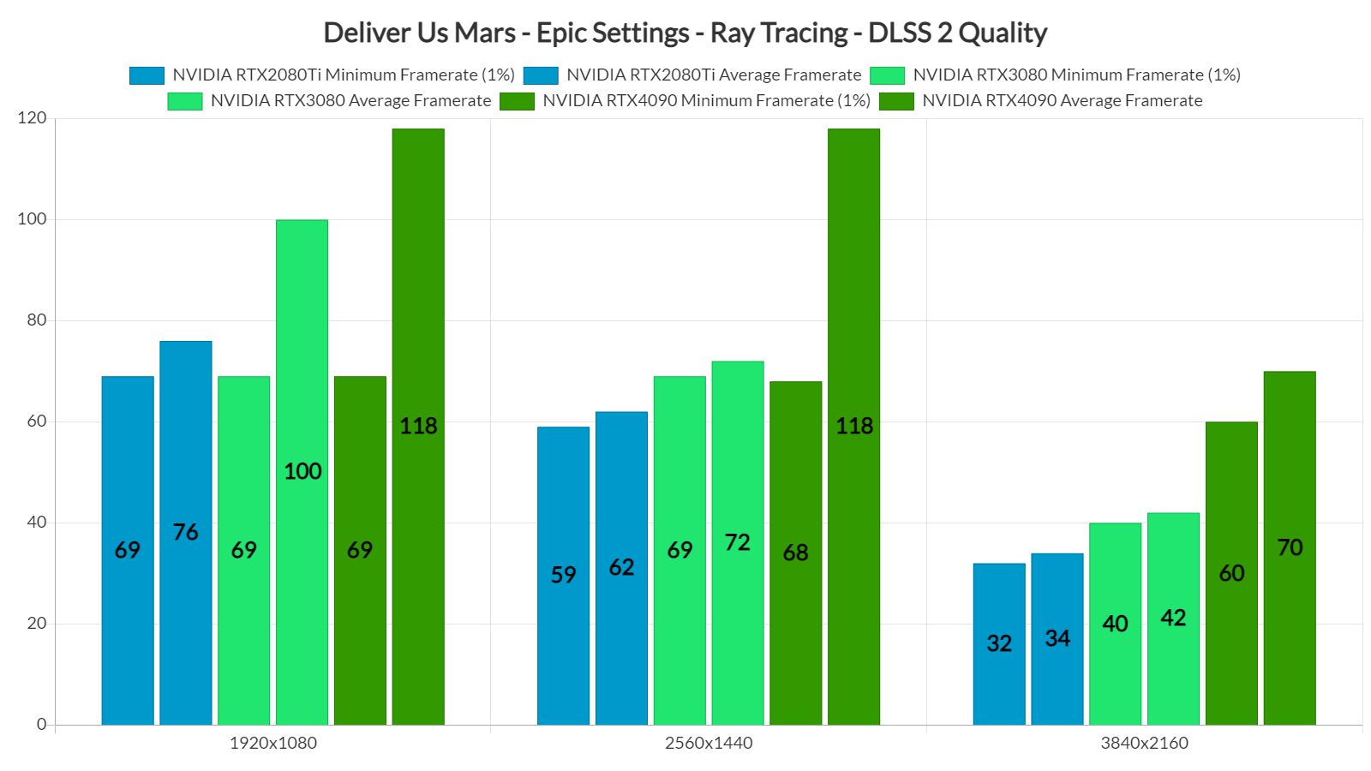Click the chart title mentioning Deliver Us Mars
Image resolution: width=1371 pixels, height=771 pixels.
685,33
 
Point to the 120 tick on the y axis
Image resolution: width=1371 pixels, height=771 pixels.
32,118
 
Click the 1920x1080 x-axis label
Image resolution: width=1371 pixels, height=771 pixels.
272,743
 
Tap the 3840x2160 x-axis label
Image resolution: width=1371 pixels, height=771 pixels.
1144,743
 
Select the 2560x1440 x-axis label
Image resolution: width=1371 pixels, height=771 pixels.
709,743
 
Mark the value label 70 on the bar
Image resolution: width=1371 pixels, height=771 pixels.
1290,547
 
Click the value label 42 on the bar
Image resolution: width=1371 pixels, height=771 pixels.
1173,618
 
